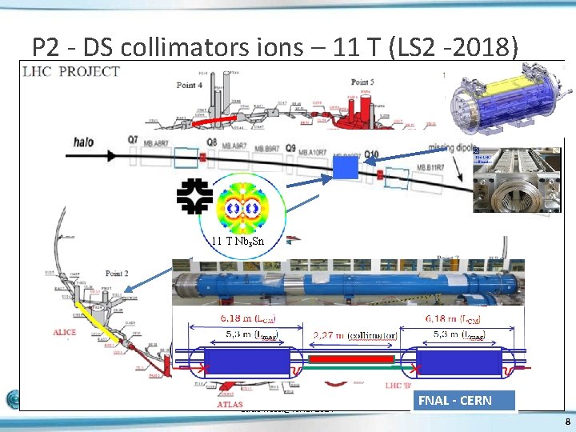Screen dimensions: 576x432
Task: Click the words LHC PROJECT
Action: point(72,71)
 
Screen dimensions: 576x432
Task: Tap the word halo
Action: point(80,142)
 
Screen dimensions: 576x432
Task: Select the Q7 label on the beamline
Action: point(133,139)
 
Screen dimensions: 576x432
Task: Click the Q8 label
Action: point(211,142)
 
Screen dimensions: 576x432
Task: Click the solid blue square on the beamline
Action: point(345,166)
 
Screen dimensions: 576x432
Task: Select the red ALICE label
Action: point(63,333)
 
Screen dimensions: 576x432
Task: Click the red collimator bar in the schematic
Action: point(354,359)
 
